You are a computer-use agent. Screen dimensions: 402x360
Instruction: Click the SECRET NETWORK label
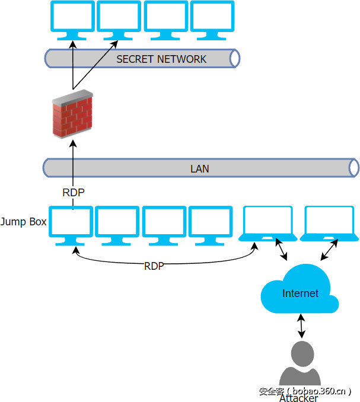(161, 59)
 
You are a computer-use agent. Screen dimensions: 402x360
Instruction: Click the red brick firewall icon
(72, 114)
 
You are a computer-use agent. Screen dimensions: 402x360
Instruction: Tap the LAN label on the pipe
(199, 168)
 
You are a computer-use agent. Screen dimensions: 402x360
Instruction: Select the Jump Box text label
(23, 222)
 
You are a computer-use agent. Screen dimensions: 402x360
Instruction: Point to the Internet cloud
(300, 292)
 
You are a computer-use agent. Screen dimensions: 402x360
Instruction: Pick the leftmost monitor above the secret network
(72, 18)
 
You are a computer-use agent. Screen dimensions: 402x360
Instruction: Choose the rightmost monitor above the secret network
(212, 18)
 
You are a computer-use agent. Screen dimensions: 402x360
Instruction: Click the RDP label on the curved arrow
(154, 266)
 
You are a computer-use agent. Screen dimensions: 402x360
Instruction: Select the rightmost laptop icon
(329, 223)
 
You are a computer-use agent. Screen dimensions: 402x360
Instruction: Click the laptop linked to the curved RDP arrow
(267, 223)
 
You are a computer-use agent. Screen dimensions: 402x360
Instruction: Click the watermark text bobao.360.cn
(305, 391)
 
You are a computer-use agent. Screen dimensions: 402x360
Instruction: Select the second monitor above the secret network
(119, 18)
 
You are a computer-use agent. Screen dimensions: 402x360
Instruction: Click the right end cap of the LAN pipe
(354, 168)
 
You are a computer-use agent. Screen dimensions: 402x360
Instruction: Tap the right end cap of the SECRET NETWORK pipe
(235, 58)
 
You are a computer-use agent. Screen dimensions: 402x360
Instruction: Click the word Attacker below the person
(298, 398)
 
